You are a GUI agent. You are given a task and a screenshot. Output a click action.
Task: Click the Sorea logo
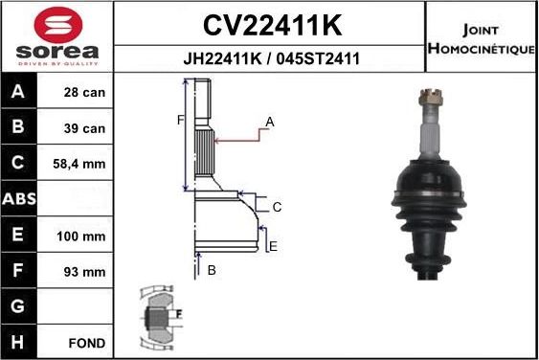[57, 35]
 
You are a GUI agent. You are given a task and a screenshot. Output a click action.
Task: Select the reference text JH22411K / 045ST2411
[271, 58]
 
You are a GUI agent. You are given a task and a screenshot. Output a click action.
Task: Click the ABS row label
[20, 200]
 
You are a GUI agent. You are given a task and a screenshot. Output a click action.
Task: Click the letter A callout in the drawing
[270, 122]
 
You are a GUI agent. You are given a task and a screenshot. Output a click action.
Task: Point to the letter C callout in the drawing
[277, 207]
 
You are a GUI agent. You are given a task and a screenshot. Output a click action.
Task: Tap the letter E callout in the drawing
[273, 247]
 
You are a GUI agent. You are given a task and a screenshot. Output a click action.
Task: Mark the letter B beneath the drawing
[212, 271]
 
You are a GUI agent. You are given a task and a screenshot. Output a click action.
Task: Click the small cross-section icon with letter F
[159, 315]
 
